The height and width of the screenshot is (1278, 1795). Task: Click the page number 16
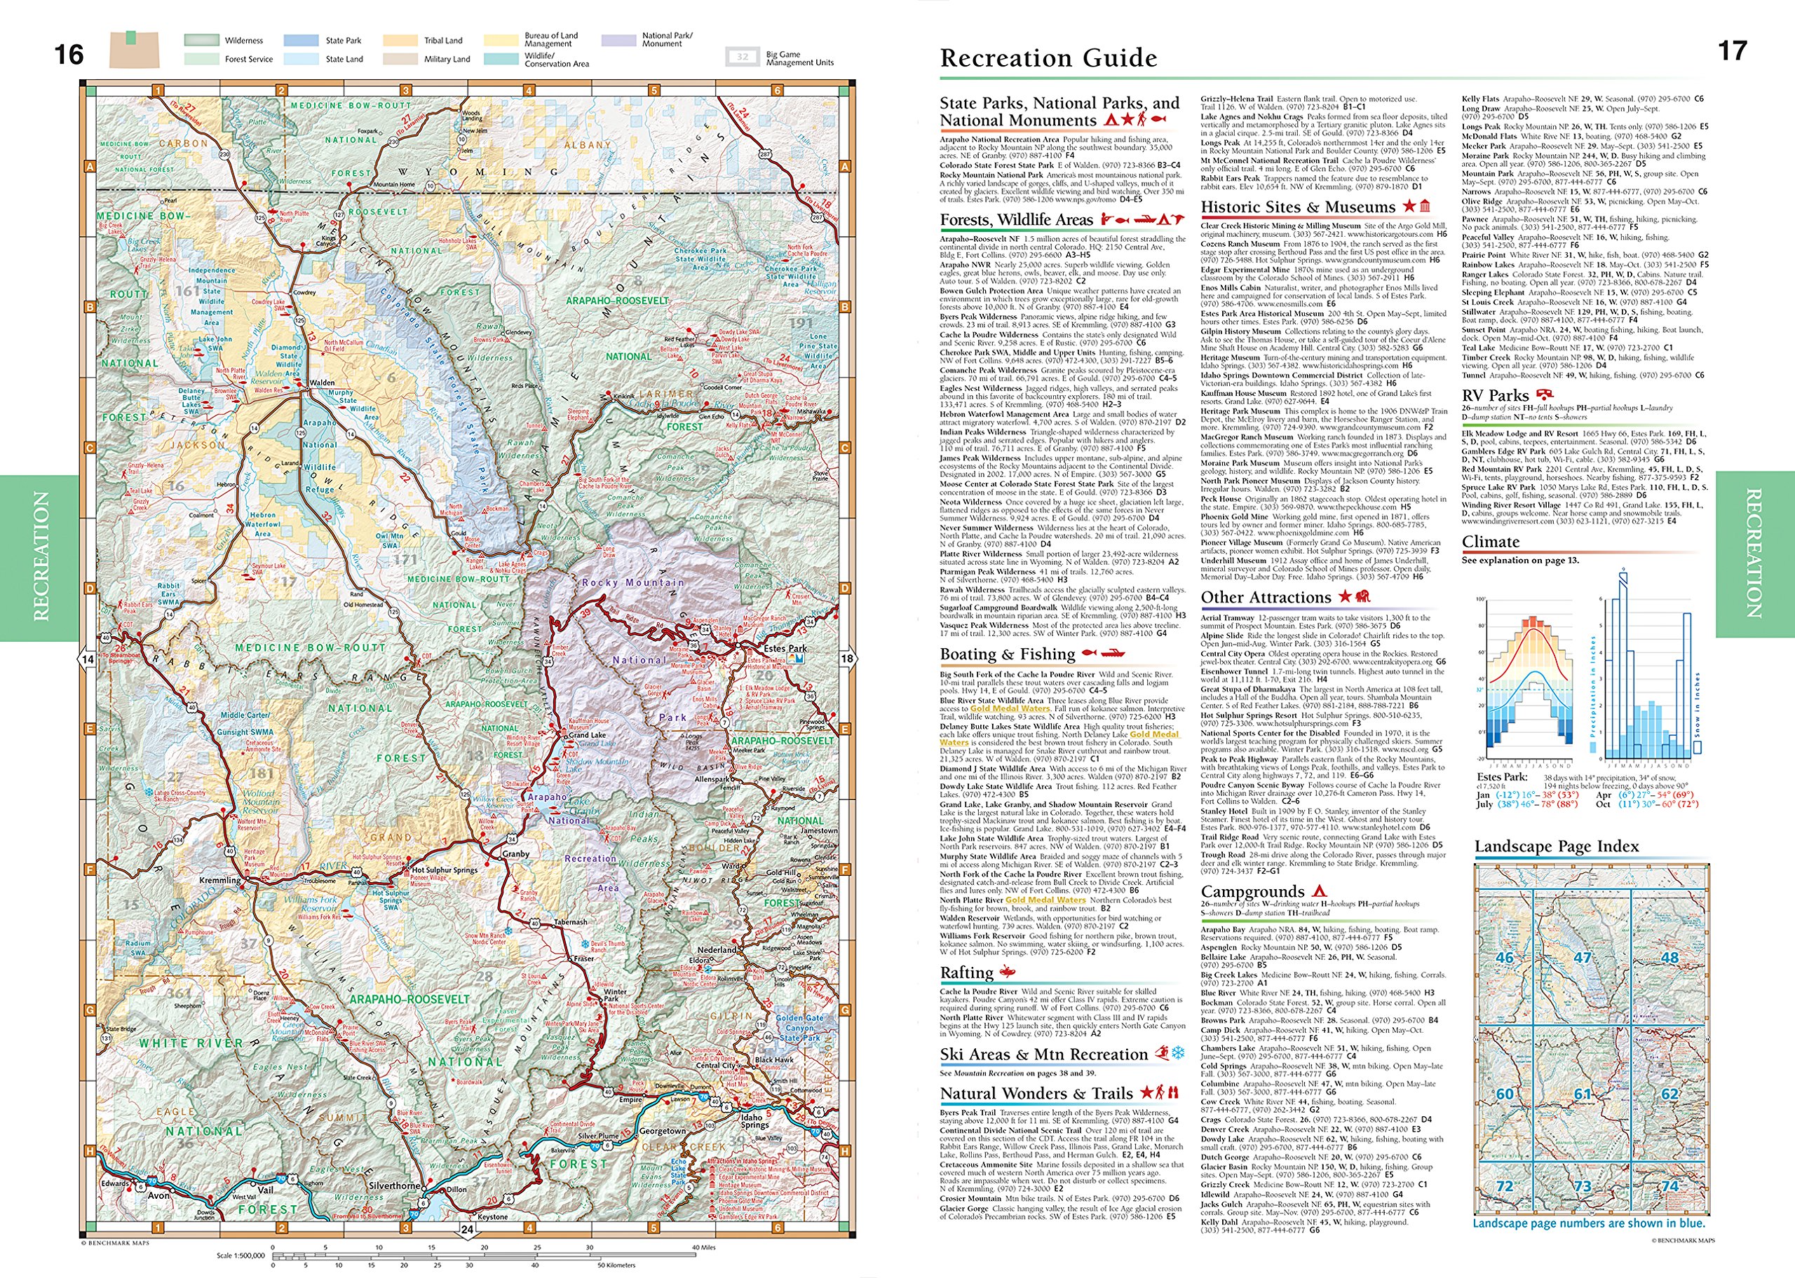[69, 54]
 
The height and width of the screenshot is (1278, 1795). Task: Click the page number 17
[1732, 51]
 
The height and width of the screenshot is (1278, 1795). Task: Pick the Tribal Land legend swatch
[402, 40]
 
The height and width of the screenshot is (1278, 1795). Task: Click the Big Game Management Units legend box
[742, 57]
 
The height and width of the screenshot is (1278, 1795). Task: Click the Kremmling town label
[220, 880]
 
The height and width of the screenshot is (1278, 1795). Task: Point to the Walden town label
[321, 383]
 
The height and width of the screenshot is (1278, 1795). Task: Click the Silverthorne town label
[395, 1185]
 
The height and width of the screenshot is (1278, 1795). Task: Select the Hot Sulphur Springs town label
[445, 870]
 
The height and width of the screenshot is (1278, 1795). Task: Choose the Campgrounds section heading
[1252, 892]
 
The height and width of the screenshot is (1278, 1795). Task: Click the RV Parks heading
[1495, 395]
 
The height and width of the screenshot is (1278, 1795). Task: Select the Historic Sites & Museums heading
[1297, 207]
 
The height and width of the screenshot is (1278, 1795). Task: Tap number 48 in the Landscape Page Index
[1669, 958]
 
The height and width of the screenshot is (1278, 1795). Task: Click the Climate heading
[1490, 542]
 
